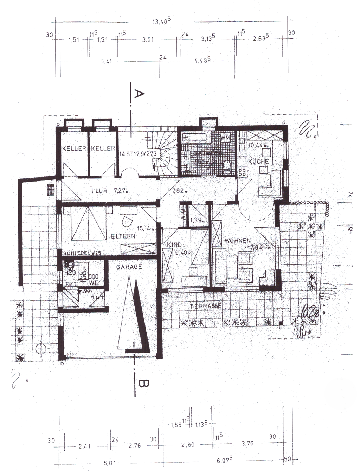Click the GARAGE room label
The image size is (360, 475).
129,267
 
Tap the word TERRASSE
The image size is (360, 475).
206,306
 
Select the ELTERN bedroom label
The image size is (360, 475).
123,236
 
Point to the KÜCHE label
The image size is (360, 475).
258,161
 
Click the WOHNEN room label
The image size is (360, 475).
238,241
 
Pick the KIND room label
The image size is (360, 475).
174,245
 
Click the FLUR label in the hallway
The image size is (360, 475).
99,191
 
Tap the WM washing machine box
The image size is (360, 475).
225,138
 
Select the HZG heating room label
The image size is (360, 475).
70,273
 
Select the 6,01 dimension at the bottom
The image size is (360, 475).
109,463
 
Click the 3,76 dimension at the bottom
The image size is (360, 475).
247,444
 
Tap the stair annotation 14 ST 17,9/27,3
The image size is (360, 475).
138,154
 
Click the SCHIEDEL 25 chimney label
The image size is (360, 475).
82,253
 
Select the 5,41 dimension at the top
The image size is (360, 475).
107,61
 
